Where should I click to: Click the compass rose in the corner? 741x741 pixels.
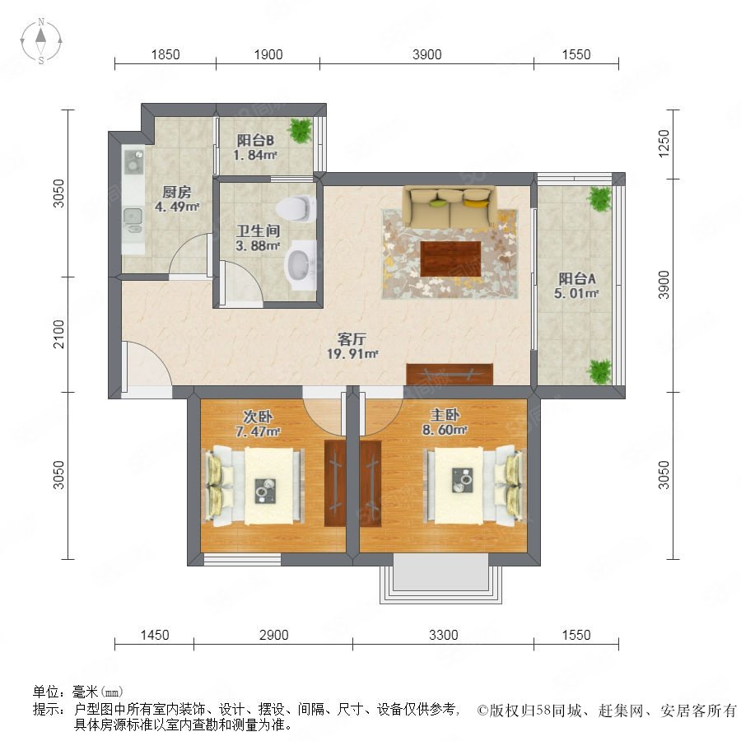click(x=41, y=41)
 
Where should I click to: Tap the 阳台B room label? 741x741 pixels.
click(x=255, y=140)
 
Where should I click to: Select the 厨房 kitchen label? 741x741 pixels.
click(x=177, y=192)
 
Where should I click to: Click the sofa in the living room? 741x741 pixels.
click(x=449, y=207)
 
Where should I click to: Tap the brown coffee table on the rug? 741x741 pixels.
click(x=451, y=259)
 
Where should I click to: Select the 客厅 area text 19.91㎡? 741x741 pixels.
click(x=352, y=353)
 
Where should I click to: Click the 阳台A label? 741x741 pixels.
click(x=576, y=278)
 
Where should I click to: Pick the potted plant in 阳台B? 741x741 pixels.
click(x=301, y=130)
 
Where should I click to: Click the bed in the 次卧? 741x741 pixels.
click(x=254, y=487)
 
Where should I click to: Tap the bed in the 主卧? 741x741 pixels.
click(x=474, y=485)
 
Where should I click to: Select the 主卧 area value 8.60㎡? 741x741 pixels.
click(x=445, y=430)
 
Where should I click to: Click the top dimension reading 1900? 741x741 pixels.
click(x=268, y=55)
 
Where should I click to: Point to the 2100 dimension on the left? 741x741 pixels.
click(x=58, y=334)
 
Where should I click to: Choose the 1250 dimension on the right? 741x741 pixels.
click(x=664, y=143)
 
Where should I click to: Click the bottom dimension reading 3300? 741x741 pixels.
click(x=443, y=635)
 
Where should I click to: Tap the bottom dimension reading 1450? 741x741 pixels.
click(x=155, y=635)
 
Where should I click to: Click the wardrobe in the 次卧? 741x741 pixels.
click(x=335, y=483)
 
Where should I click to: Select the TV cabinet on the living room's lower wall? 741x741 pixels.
click(x=450, y=375)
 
